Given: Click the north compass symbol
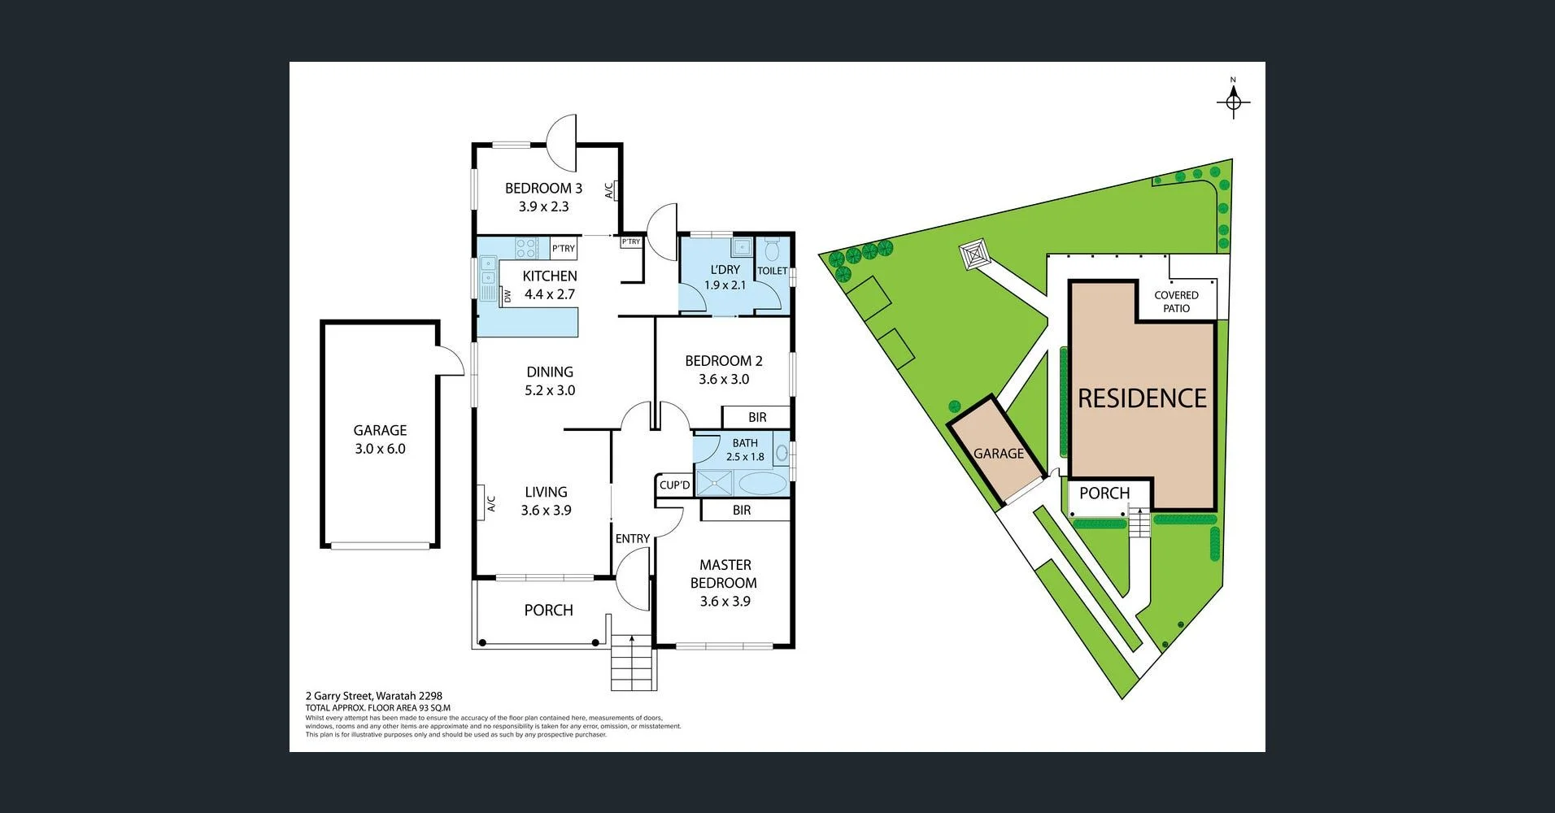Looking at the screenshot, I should (1233, 101).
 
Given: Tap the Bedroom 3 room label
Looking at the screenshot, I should (543, 188).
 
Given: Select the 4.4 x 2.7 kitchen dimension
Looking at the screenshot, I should (550, 294).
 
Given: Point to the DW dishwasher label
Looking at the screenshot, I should (507, 296).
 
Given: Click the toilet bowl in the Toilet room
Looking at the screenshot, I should (772, 250).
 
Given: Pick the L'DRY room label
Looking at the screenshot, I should (725, 269).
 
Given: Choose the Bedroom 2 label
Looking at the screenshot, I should (724, 360).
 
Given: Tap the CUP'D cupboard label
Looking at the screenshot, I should (674, 485).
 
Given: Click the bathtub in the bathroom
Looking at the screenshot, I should (762, 484).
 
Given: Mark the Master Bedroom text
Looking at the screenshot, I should (724, 573).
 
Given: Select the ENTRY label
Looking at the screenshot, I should (632, 538).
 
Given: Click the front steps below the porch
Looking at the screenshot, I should (633, 662).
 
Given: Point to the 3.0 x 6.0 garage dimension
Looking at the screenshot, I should (380, 449).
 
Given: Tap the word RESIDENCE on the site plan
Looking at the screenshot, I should (1142, 398).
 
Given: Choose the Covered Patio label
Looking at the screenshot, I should (1176, 302).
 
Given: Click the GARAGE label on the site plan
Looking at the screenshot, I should (999, 454).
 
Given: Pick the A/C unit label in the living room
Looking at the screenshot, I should (490, 504).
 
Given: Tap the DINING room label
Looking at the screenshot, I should (550, 372).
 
